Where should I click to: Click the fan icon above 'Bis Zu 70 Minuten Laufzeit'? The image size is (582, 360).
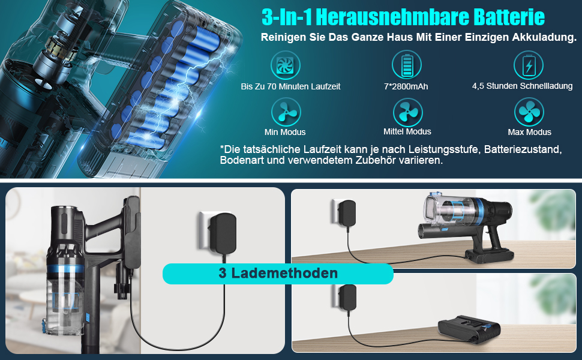coord(285,65)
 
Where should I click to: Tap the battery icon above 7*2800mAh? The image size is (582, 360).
coord(407,65)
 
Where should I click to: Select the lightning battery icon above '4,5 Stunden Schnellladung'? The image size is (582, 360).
coord(529,65)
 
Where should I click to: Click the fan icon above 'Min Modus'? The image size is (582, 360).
coord(286,112)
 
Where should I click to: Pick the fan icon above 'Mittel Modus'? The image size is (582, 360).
coord(407,112)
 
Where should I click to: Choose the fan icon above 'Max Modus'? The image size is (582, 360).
coord(529,112)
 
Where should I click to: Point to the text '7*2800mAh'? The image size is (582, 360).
coord(406,86)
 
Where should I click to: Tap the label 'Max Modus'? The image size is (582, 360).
coord(529,132)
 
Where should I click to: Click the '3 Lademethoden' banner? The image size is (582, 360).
coord(278,274)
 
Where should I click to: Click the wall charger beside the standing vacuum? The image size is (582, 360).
coord(223,233)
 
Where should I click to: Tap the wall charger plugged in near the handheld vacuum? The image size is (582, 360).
coord(347,212)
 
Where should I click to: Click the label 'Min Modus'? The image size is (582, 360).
coord(285,132)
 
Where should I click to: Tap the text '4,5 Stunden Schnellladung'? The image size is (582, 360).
coord(522,86)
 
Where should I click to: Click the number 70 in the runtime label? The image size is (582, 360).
coord(272,86)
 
